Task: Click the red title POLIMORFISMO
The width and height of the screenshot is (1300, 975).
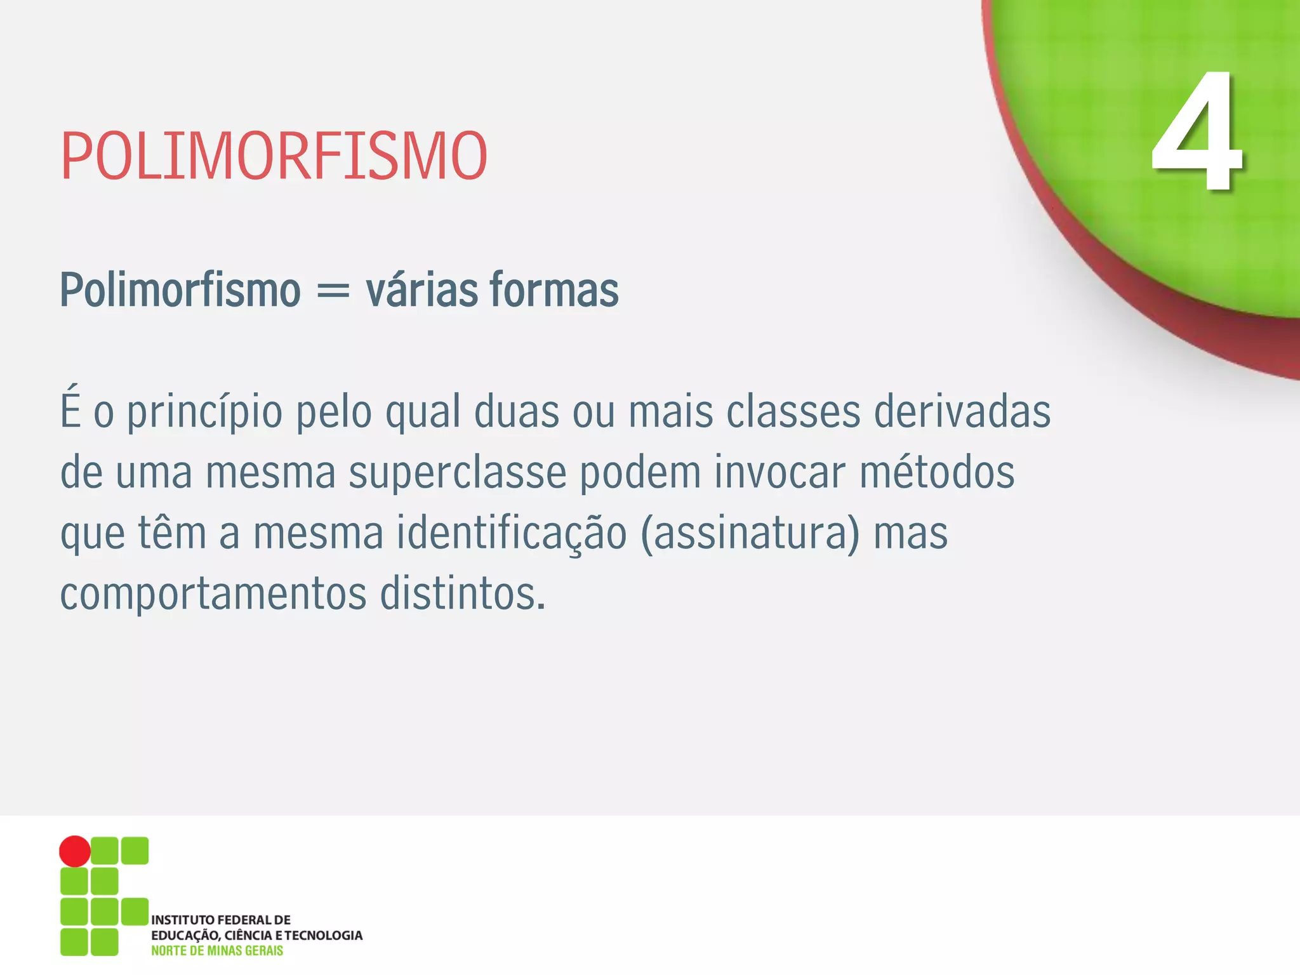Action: coord(274,156)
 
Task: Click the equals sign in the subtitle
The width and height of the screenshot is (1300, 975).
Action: coord(333,291)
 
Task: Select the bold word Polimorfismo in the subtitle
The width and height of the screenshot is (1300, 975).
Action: coord(180,291)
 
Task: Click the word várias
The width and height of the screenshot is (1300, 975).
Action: coord(421,291)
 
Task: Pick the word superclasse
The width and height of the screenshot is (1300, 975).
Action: coord(457,474)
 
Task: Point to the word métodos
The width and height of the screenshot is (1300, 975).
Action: coord(937,472)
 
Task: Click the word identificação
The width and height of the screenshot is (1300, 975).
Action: coord(512,533)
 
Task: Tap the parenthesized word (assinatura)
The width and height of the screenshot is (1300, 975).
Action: coord(750,533)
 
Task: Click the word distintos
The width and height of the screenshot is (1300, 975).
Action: coord(462,594)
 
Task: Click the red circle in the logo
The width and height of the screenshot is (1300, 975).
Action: coord(75,851)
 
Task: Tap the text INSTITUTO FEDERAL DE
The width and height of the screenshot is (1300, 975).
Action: coord(220,920)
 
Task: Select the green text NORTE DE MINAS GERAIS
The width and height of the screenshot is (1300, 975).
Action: coord(216,951)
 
